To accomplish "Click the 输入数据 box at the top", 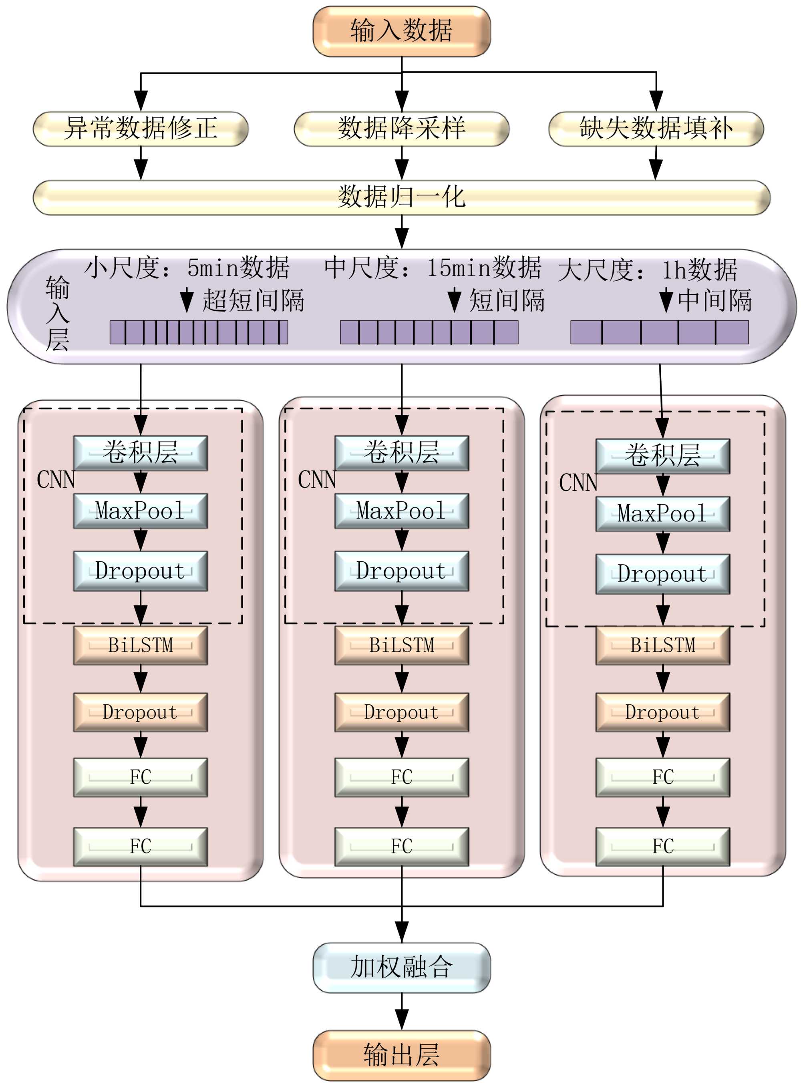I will click(401, 31).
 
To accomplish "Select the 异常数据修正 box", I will click(140, 129).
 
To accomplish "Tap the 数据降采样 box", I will click(401, 129).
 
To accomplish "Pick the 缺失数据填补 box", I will click(656, 129).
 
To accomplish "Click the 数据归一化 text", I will click(401, 197).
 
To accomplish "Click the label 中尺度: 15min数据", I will click(432, 267).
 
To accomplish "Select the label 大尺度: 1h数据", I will click(647, 269).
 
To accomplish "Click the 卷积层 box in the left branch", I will click(140, 453).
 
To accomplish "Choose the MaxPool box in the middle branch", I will click(401, 511).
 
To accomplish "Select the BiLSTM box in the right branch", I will click(662, 645).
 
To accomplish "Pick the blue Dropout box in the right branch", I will click(662, 573).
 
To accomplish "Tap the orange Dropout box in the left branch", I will click(140, 712).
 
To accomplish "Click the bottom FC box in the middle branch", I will click(401, 846).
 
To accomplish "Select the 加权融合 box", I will click(401, 967).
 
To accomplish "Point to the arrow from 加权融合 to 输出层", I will click(401, 1012).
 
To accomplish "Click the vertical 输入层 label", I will click(57, 313).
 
